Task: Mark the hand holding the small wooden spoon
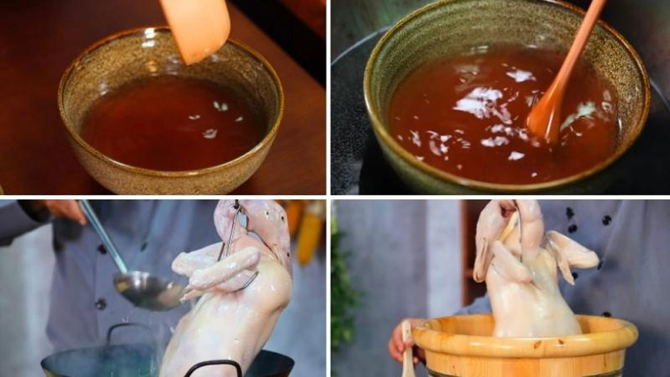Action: [x=400, y=342]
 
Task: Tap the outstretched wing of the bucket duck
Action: [x=573, y=254]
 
